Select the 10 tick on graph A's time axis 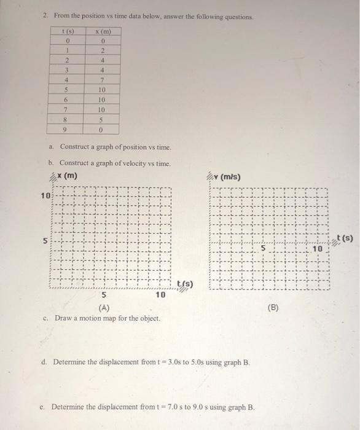(x=160, y=295)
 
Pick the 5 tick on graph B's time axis (x=262, y=249)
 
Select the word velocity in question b (x=134, y=164)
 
